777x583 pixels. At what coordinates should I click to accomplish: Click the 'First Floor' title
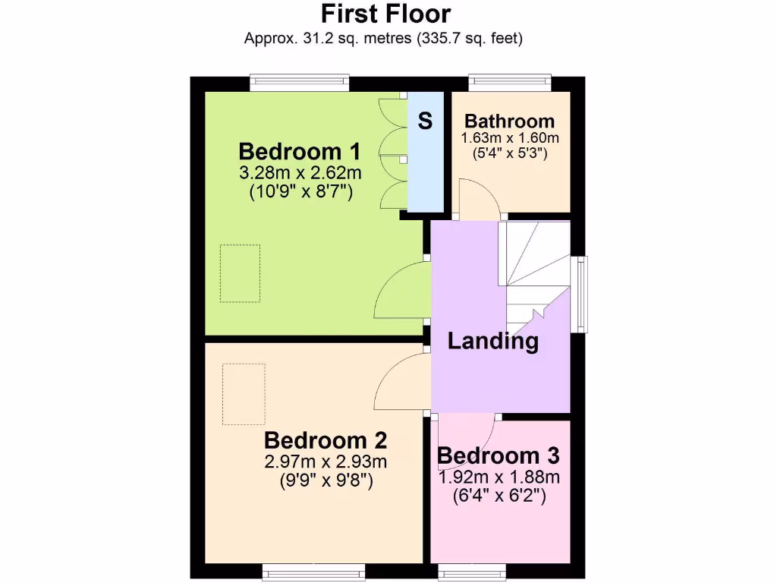[x=385, y=14]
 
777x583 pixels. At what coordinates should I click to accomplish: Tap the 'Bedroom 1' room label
[x=300, y=150]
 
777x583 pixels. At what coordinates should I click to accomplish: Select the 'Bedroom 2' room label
[x=326, y=440]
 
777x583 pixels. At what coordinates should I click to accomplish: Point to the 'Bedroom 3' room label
[x=499, y=455]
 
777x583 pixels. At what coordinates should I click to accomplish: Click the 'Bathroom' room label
[x=509, y=121]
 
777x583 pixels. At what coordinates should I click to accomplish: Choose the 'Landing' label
[x=493, y=342]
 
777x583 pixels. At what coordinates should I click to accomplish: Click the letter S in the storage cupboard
[x=426, y=121]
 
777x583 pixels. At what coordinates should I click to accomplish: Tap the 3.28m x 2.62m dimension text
[x=300, y=173]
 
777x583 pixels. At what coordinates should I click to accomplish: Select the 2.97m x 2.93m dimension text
[x=326, y=462]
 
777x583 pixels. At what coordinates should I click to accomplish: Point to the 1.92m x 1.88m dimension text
[x=499, y=477]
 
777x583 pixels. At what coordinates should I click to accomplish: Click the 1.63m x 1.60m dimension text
[x=509, y=138]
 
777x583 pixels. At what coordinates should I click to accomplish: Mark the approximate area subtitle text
[x=383, y=38]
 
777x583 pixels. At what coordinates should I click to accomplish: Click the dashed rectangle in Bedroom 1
[x=241, y=273]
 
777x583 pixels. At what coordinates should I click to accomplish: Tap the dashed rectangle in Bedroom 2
[x=244, y=394]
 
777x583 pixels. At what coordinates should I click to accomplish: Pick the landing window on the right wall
[x=581, y=295]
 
